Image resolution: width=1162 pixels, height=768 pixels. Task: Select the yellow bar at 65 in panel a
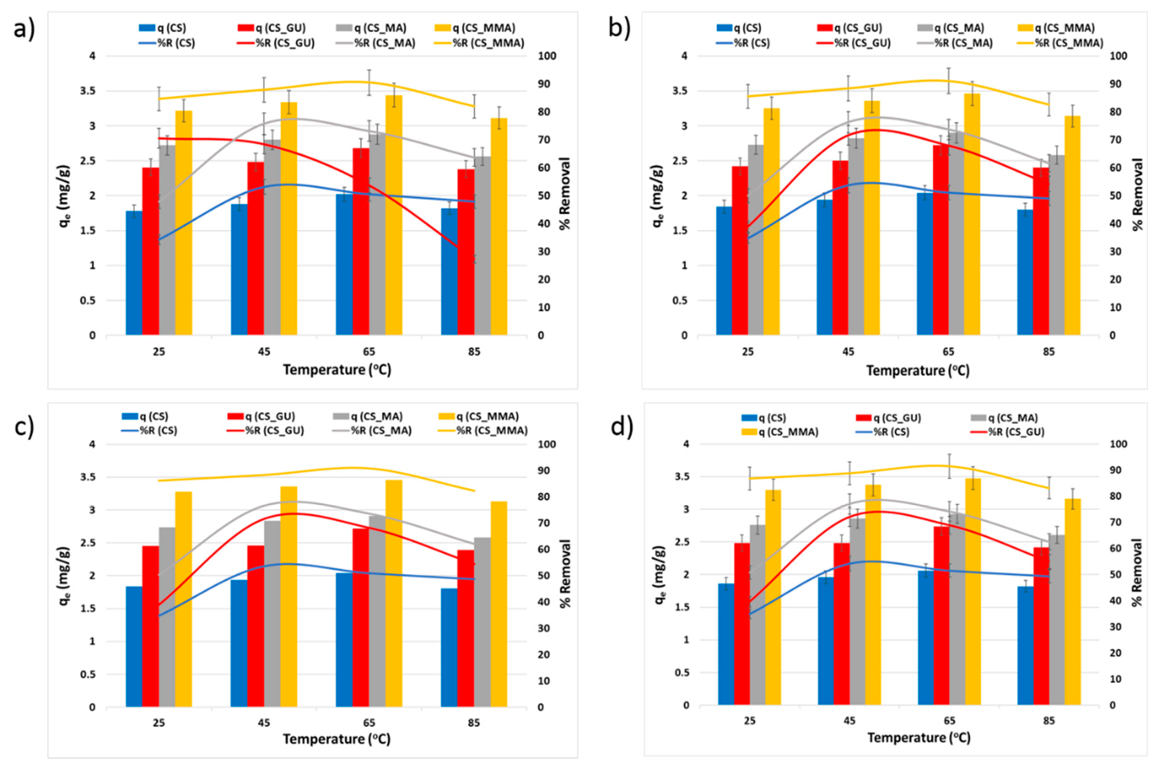394,216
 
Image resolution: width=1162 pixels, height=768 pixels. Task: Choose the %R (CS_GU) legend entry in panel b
853,43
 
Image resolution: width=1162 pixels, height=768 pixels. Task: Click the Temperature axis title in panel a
337,370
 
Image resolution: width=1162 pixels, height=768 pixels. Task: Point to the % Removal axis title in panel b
1139,194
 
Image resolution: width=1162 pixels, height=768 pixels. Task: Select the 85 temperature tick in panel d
1049,721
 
